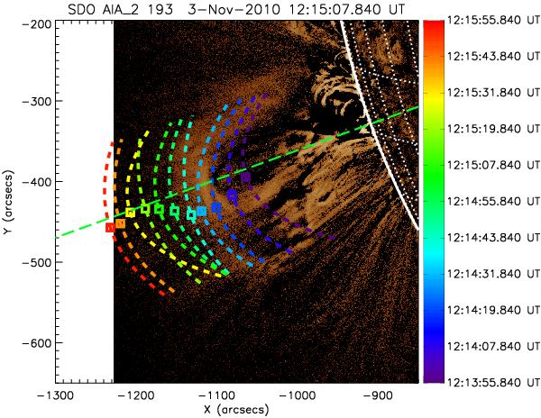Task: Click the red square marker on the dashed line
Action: point(110,228)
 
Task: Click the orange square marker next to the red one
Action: point(120,223)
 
